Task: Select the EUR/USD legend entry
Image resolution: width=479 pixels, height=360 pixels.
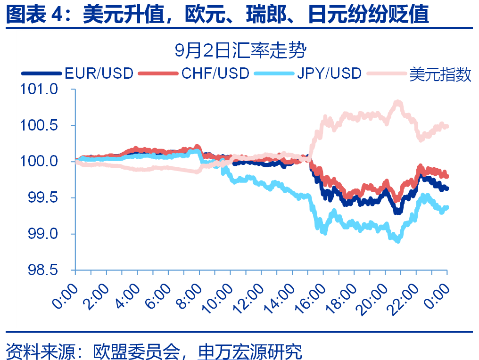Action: [x=99, y=73]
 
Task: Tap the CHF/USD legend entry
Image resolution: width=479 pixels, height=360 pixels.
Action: [x=215, y=73]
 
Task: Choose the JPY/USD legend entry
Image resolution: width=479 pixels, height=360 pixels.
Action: [x=329, y=73]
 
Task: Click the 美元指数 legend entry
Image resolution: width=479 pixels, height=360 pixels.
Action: [x=440, y=74]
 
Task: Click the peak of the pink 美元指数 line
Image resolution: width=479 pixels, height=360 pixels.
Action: [x=397, y=102]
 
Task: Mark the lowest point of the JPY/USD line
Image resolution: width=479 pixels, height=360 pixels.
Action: [x=398, y=240]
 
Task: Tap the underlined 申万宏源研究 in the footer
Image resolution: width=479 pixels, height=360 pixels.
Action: [x=250, y=351]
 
